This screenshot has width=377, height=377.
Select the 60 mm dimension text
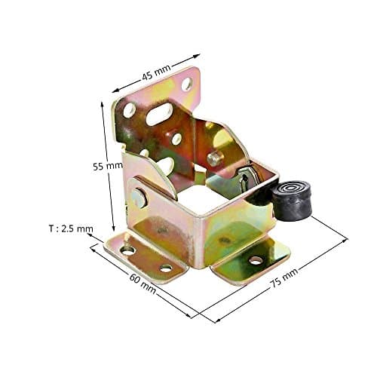click(x=143, y=281)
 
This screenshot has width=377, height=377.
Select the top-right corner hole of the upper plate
click(x=185, y=84)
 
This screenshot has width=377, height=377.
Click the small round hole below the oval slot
click(x=176, y=139)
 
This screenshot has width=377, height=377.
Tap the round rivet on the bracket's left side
click(x=138, y=198)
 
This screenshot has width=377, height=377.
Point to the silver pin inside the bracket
click(x=214, y=159)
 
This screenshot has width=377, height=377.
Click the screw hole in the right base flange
click(x=255, y=260)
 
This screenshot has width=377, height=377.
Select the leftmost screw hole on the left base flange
click(x=127, y=250)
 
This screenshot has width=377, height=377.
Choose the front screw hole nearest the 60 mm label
click(x=165, y=268)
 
